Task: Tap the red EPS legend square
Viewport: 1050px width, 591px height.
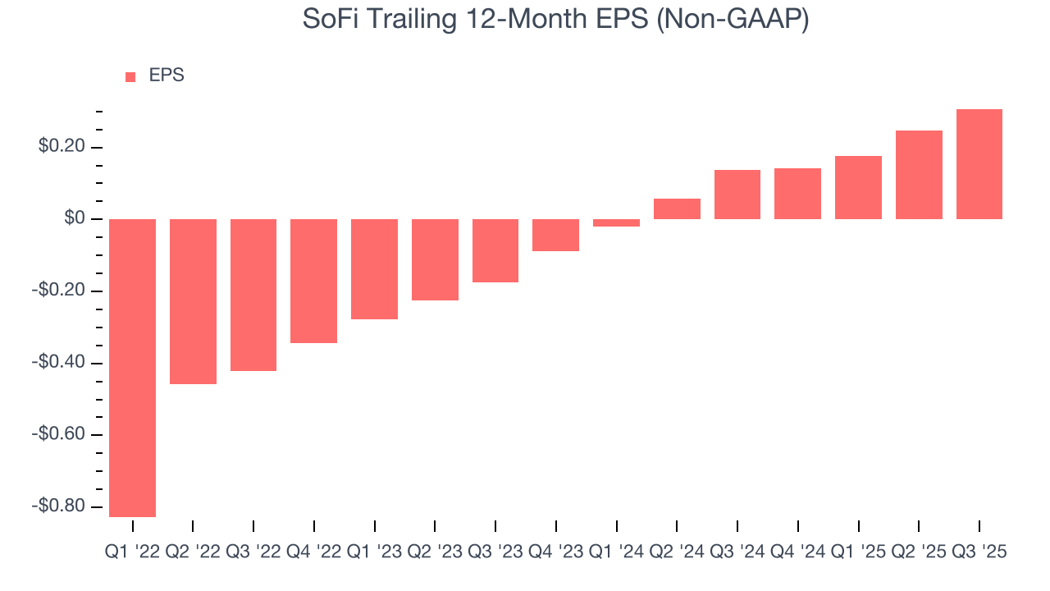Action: coord(130,76)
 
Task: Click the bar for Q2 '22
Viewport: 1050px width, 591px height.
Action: coord(193,301)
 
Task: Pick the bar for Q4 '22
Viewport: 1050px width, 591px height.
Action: coord(313,281)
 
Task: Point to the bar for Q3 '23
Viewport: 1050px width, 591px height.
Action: coord(495,250)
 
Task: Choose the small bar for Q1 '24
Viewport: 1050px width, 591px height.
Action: coord(616,222)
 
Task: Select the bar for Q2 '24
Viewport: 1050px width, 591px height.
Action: coord(677,208)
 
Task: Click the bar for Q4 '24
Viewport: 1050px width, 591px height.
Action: coord(797,194)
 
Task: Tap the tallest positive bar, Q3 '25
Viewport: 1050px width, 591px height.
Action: coord(979,164)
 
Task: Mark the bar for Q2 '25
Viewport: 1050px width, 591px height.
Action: coord(919,175)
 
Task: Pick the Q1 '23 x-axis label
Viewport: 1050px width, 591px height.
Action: coord(374,552)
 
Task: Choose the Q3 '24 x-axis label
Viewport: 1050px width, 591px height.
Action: coord(737,552)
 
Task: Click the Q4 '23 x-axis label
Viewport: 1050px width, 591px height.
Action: coord(555,552)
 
